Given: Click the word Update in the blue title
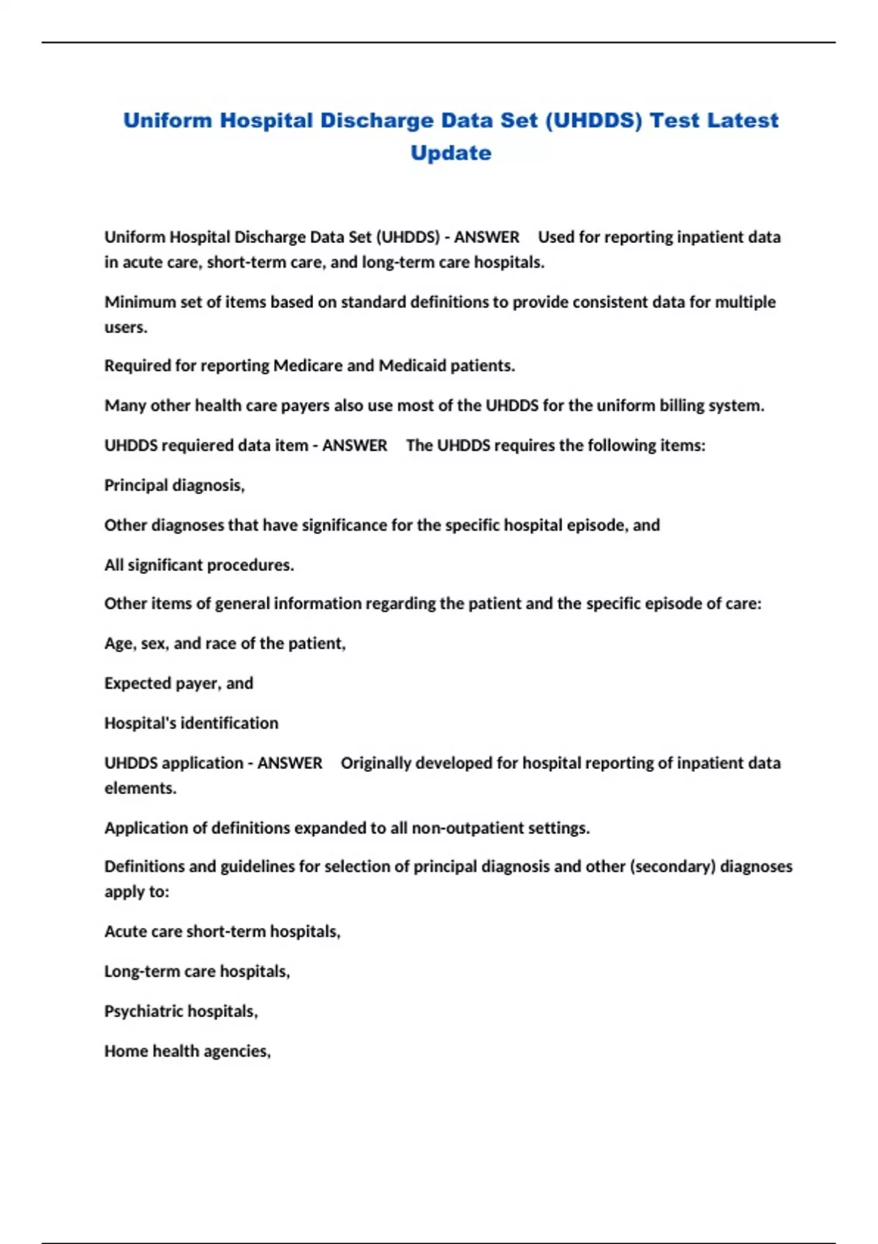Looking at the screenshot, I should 451,153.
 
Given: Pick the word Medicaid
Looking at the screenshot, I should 411,366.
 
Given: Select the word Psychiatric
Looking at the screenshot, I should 139,1011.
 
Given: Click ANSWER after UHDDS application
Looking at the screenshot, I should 290,763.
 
